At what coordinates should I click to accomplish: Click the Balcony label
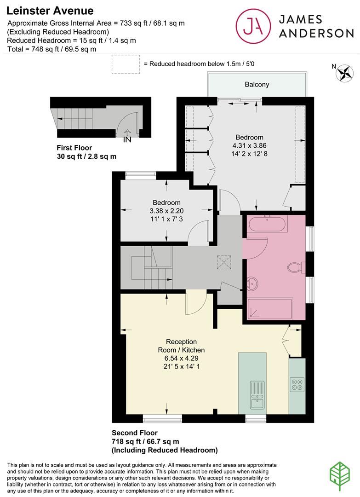[x=257, y=85]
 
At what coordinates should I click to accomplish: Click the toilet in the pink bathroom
[x=294, y=268]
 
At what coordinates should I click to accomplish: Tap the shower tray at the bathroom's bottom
[x=270, y=309]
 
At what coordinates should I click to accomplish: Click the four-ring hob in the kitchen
[x=297, y=384]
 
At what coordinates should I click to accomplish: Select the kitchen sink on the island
[x=255, y=395]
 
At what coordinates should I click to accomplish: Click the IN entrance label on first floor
[x=127, y=140]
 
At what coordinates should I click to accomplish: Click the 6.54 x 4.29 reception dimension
[x=181, y=358]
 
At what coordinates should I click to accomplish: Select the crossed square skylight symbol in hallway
[x=224, y=263]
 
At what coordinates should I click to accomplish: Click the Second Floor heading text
[x=135, y=433]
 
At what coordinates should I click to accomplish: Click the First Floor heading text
[x=74, y=148]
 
